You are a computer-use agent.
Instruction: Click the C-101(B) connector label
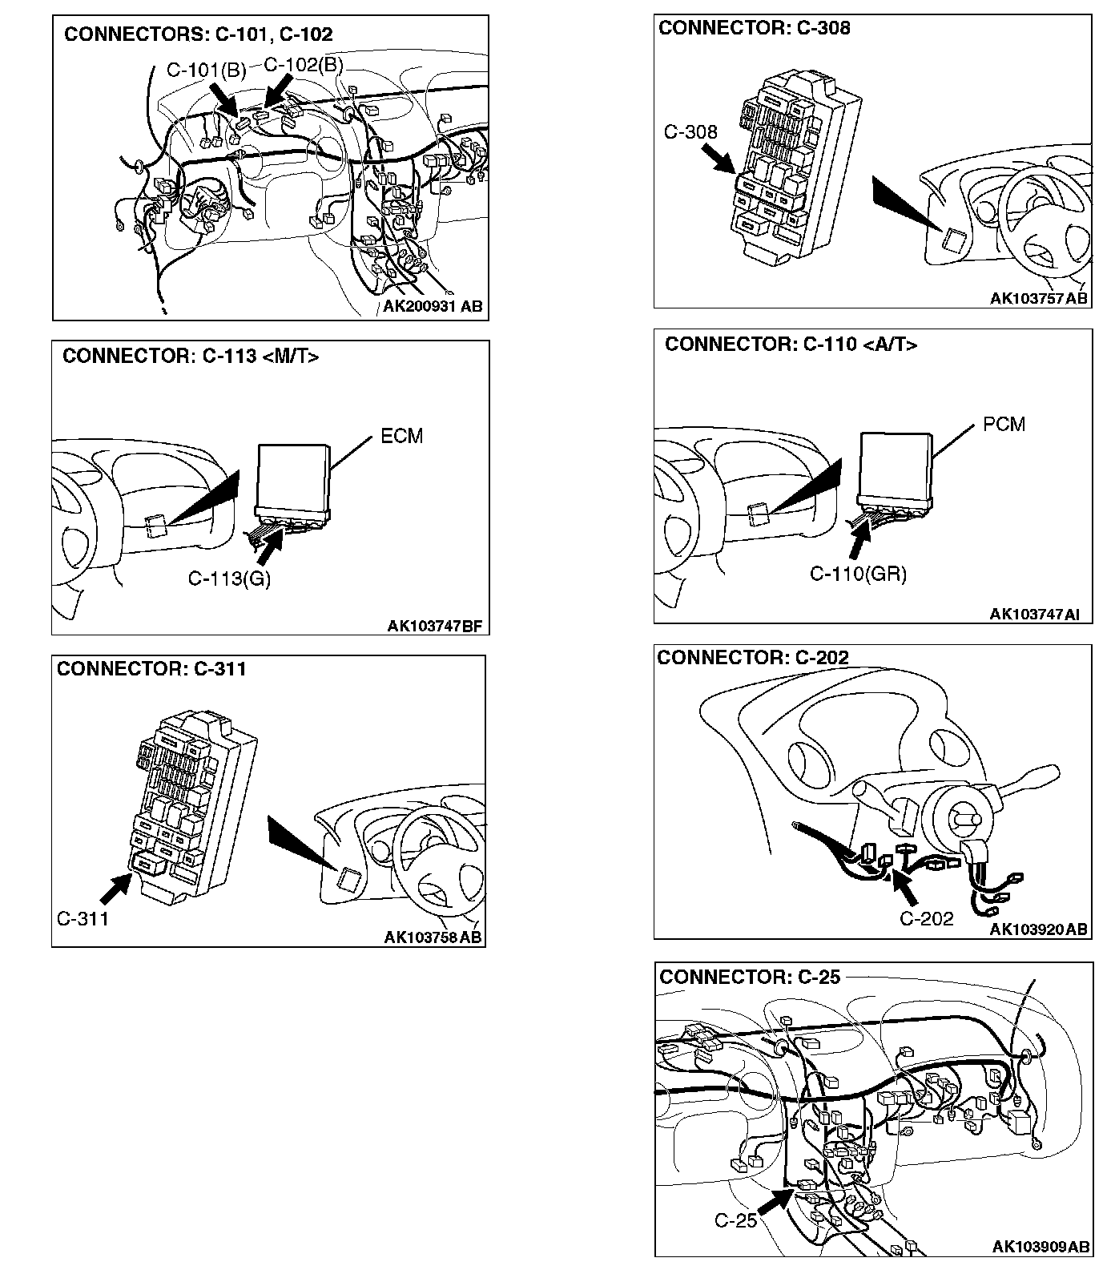pos(206,71)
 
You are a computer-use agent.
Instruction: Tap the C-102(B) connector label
pos(303,65)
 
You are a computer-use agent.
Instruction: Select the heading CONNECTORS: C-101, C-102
pos(198,34)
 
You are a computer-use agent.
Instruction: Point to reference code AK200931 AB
pos(433,307)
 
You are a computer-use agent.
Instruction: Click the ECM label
pos(401,437)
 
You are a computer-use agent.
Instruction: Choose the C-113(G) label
pos(229,579)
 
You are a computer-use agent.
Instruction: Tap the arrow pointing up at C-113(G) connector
pos(271,543)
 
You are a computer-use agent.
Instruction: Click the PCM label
pos(1004,425)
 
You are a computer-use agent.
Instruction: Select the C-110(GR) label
pos(858,574)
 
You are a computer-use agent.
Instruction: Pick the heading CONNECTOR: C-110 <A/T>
pos(791,345)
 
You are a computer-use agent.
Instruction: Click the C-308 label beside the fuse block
pos(690,132)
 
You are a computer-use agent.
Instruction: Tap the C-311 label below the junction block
pos(83,919)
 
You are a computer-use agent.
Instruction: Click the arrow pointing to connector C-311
pos(116,889)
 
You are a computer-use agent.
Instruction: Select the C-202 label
pos(927,919)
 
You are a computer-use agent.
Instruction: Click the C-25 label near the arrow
pos(735,1221)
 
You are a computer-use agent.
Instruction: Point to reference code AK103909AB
pos(1041,1247)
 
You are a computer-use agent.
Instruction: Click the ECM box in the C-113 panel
pos(292,477)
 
